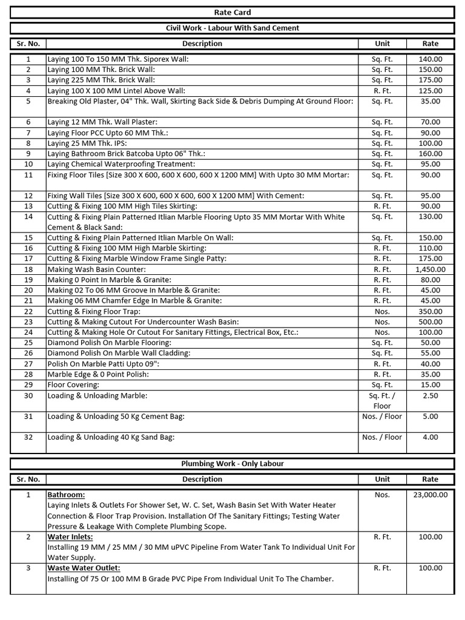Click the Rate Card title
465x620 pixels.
tap(232, 12)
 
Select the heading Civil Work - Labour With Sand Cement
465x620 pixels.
tap(232, 28)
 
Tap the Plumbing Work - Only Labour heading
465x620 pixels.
tap(232, 464)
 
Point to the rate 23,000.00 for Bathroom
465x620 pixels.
tap(430, 495)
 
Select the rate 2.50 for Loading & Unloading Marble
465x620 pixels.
tap(430, 396)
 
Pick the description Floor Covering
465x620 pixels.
tap(73, 385)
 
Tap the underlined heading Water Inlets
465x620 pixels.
tap(70, 537)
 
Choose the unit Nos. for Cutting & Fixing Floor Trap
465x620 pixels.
tap(382, 312)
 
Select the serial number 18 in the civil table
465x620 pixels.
tap(28, 269)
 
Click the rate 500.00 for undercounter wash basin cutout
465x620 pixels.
tap(430, 322)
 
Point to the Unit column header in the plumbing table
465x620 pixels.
tap(382, 479)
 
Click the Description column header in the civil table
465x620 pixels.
tap(202, 44)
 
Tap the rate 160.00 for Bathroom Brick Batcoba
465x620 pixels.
tap(430, 154)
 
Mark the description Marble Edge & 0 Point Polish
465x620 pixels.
tap(98, 375)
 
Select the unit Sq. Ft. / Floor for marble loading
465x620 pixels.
tap(382, 401)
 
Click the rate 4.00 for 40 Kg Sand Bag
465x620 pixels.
tap(430, 437)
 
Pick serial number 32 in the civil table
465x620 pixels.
tap(28, 437)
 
